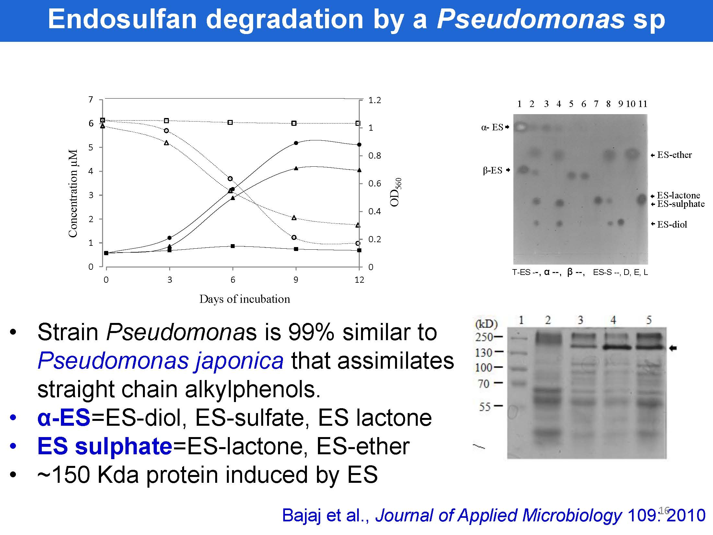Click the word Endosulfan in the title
(122, 19)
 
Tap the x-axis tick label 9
(296, 280)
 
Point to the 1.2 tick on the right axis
(375, 100)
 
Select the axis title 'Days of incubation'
(245, 299)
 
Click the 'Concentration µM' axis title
(73, 193)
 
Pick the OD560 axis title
(396, 192)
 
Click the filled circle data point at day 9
(296, 143)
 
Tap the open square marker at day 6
(230, 123)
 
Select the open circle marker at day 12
(358, 243)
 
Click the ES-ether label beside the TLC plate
(674, 155)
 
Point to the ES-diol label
(672, 224)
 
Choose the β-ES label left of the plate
(493, 170)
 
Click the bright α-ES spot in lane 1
(520, 127)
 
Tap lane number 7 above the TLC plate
(596, 104)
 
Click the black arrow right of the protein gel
(673, 348)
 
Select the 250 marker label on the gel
(484, 337)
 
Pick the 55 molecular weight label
(485, 406)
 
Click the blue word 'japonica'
(239, 361)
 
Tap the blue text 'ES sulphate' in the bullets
(105, 446)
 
